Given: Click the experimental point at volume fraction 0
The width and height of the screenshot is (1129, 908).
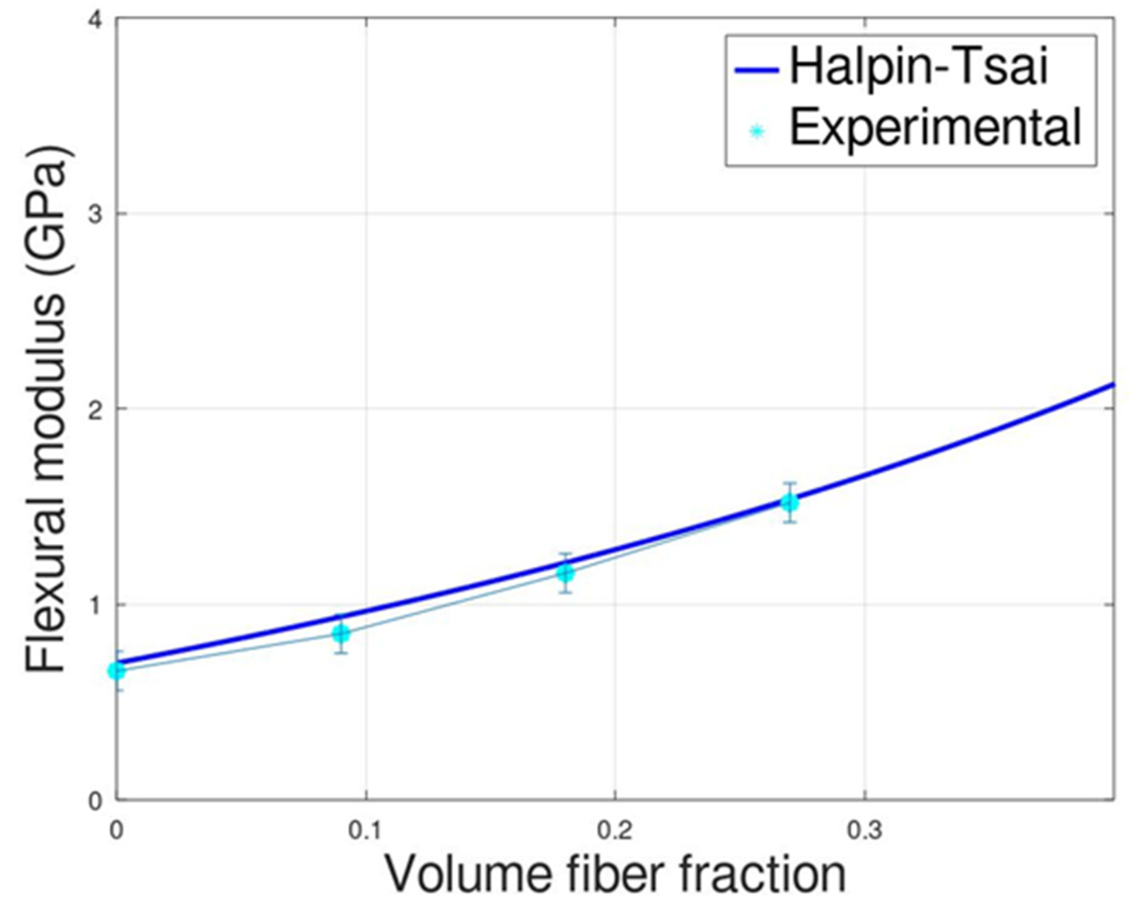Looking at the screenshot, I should click(x=116, y=671).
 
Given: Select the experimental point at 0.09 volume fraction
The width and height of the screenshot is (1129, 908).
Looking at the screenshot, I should click(x=341, y=634).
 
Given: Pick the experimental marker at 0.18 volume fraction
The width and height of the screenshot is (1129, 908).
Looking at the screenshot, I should click(x=565, y=573).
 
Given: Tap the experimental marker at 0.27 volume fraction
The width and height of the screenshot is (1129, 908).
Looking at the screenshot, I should click(x=790, y=503).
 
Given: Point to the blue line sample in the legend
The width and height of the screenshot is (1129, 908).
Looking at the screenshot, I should click(x=757, y=69).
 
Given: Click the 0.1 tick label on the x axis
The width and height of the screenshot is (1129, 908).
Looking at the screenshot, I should click(x=365, y=830).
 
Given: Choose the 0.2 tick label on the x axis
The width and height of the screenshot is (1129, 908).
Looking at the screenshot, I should click(x=614, y=830).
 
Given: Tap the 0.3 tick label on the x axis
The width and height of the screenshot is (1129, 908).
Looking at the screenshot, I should click(x=864, y=830).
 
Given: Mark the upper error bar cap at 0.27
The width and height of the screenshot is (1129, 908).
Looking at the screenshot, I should click(x=790, y=483).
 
